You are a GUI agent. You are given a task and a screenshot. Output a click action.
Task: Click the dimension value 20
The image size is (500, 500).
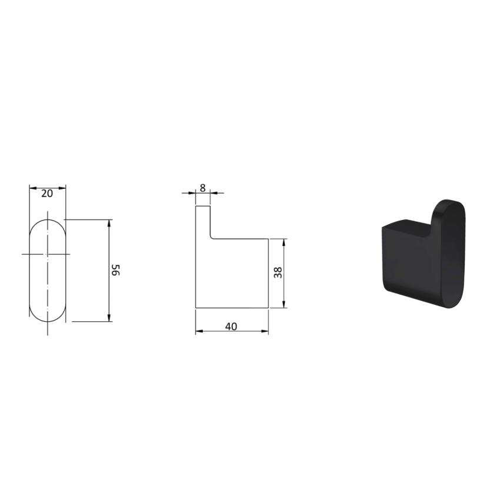(x=47, y=193)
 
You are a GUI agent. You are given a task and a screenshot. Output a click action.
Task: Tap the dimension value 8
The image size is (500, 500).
(x=203, y=188)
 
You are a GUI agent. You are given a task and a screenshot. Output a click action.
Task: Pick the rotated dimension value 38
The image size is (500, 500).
(x=278, y=272)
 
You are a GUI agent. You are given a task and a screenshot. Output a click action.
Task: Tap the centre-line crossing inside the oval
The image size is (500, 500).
(x=47, y=254)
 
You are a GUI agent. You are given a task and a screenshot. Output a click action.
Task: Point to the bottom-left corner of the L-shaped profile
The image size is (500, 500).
(x=196, y=306)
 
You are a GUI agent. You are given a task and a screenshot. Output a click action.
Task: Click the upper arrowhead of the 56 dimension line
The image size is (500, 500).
(x=109, y=223)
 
